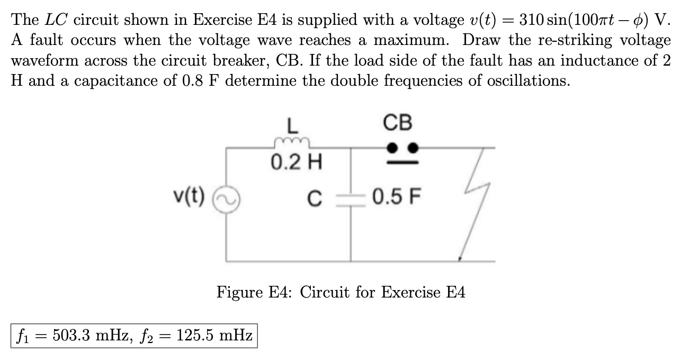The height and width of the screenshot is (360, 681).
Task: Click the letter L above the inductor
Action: point(291,127)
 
